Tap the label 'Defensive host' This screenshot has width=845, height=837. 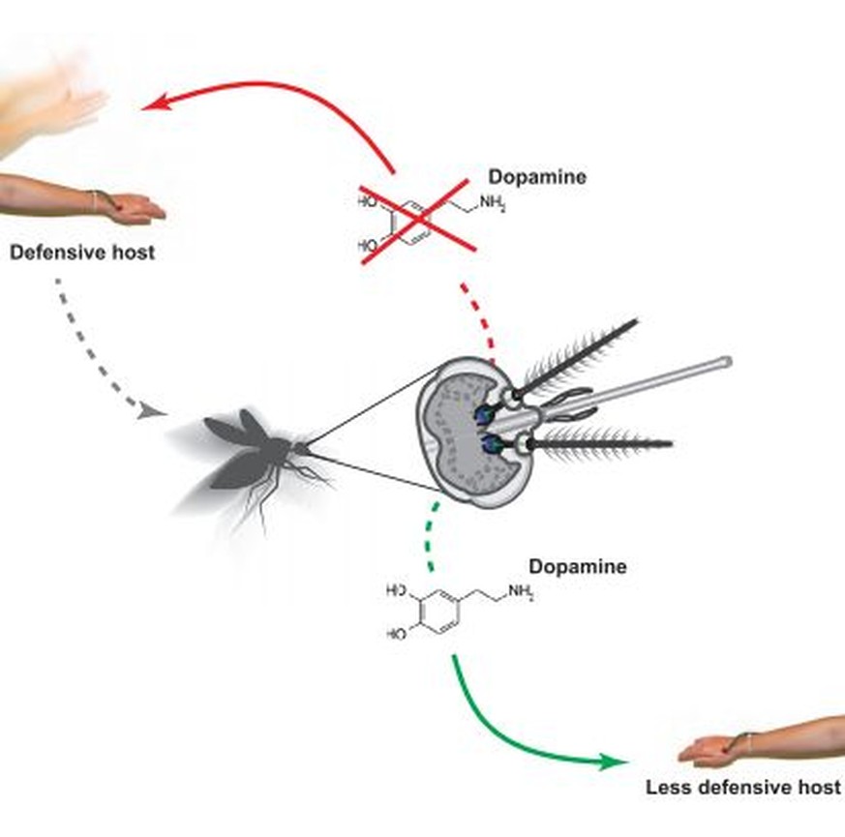(81, 254)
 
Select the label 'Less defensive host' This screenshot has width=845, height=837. (743, 788)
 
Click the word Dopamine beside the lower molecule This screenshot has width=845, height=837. (577, 567)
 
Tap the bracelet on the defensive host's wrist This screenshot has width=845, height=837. (96, 200)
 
